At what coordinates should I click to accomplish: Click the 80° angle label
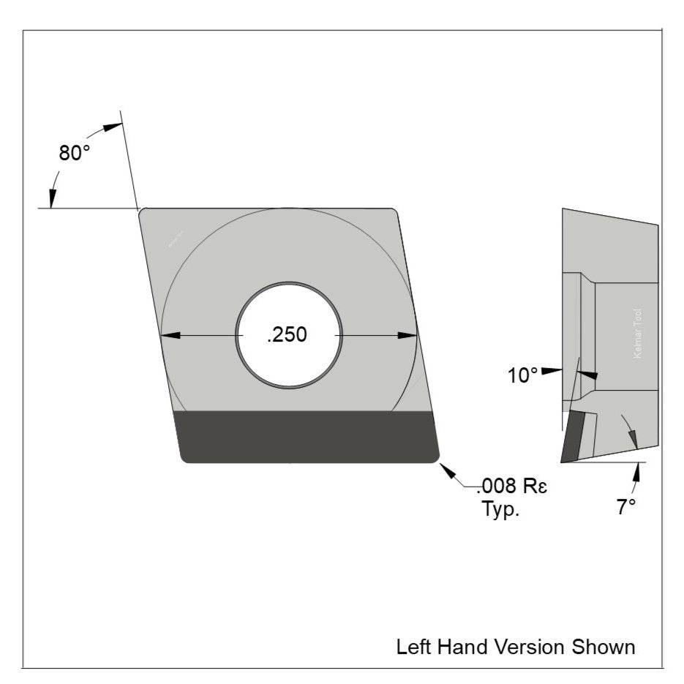pyautogui.click(x=75, y=154)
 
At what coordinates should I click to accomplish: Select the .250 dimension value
pyautogui.click(x=287, y=335)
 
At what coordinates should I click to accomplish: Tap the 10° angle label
pyautogui.click(x=523, y=375)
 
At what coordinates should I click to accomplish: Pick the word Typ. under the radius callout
pyautogui.click(x=500, y=509)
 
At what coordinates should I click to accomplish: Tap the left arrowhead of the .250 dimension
pyautogui.click(x=170, y=336)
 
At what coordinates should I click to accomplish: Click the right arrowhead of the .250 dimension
pyautogui.click(x=407, y=336)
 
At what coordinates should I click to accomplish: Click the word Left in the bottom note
pyautogui.click(x=411, y=647)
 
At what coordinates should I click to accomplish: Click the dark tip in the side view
pyautogui.click(x=574, y=437)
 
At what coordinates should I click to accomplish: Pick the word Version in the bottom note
pyautogui.click(x=525, y=647)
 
